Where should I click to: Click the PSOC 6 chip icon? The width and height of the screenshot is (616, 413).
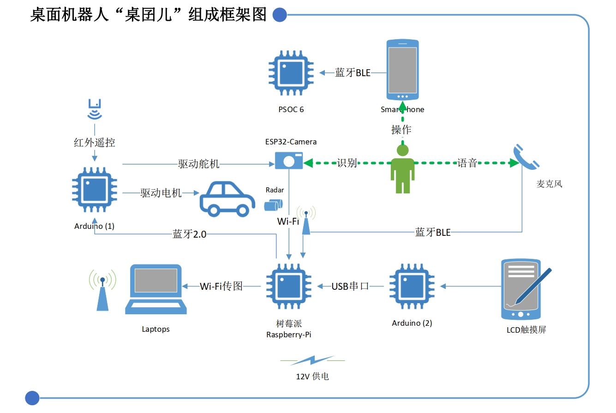pyautogui.click(x=292, y=73)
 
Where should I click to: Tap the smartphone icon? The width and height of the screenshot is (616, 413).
pyautogui.click(x=402, y=70)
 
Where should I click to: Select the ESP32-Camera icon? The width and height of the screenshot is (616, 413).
pyautogui.click(x=289, y=161)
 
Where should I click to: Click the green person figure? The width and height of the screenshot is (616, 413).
pyautogui.click(x=403, y=168)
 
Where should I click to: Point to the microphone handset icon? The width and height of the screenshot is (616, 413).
pyautogui.click(x=526, y=157)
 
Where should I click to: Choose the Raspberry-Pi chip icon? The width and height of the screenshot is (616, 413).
pyautogui.click(x=289, y=286)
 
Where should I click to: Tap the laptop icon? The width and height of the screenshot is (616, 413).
pyautogui.click(x=156, y=289)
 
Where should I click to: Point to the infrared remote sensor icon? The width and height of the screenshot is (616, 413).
pyautogui.click(x=95, y=110)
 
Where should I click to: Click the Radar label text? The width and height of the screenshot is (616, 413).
pyautogui.click(x=275, y=190)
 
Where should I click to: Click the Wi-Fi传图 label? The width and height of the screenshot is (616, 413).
pyautogui.click(x=221, y=287)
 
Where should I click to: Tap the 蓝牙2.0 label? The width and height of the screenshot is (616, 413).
pyautogui.click(x=189, y=234)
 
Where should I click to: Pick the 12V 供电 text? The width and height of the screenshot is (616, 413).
pyautogui.click(x=312, y=377)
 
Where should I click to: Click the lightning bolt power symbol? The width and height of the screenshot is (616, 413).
pyautogui.click(x=312, y=360)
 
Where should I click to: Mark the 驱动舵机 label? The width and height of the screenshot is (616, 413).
pyautogui.click(x=198, y=164)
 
